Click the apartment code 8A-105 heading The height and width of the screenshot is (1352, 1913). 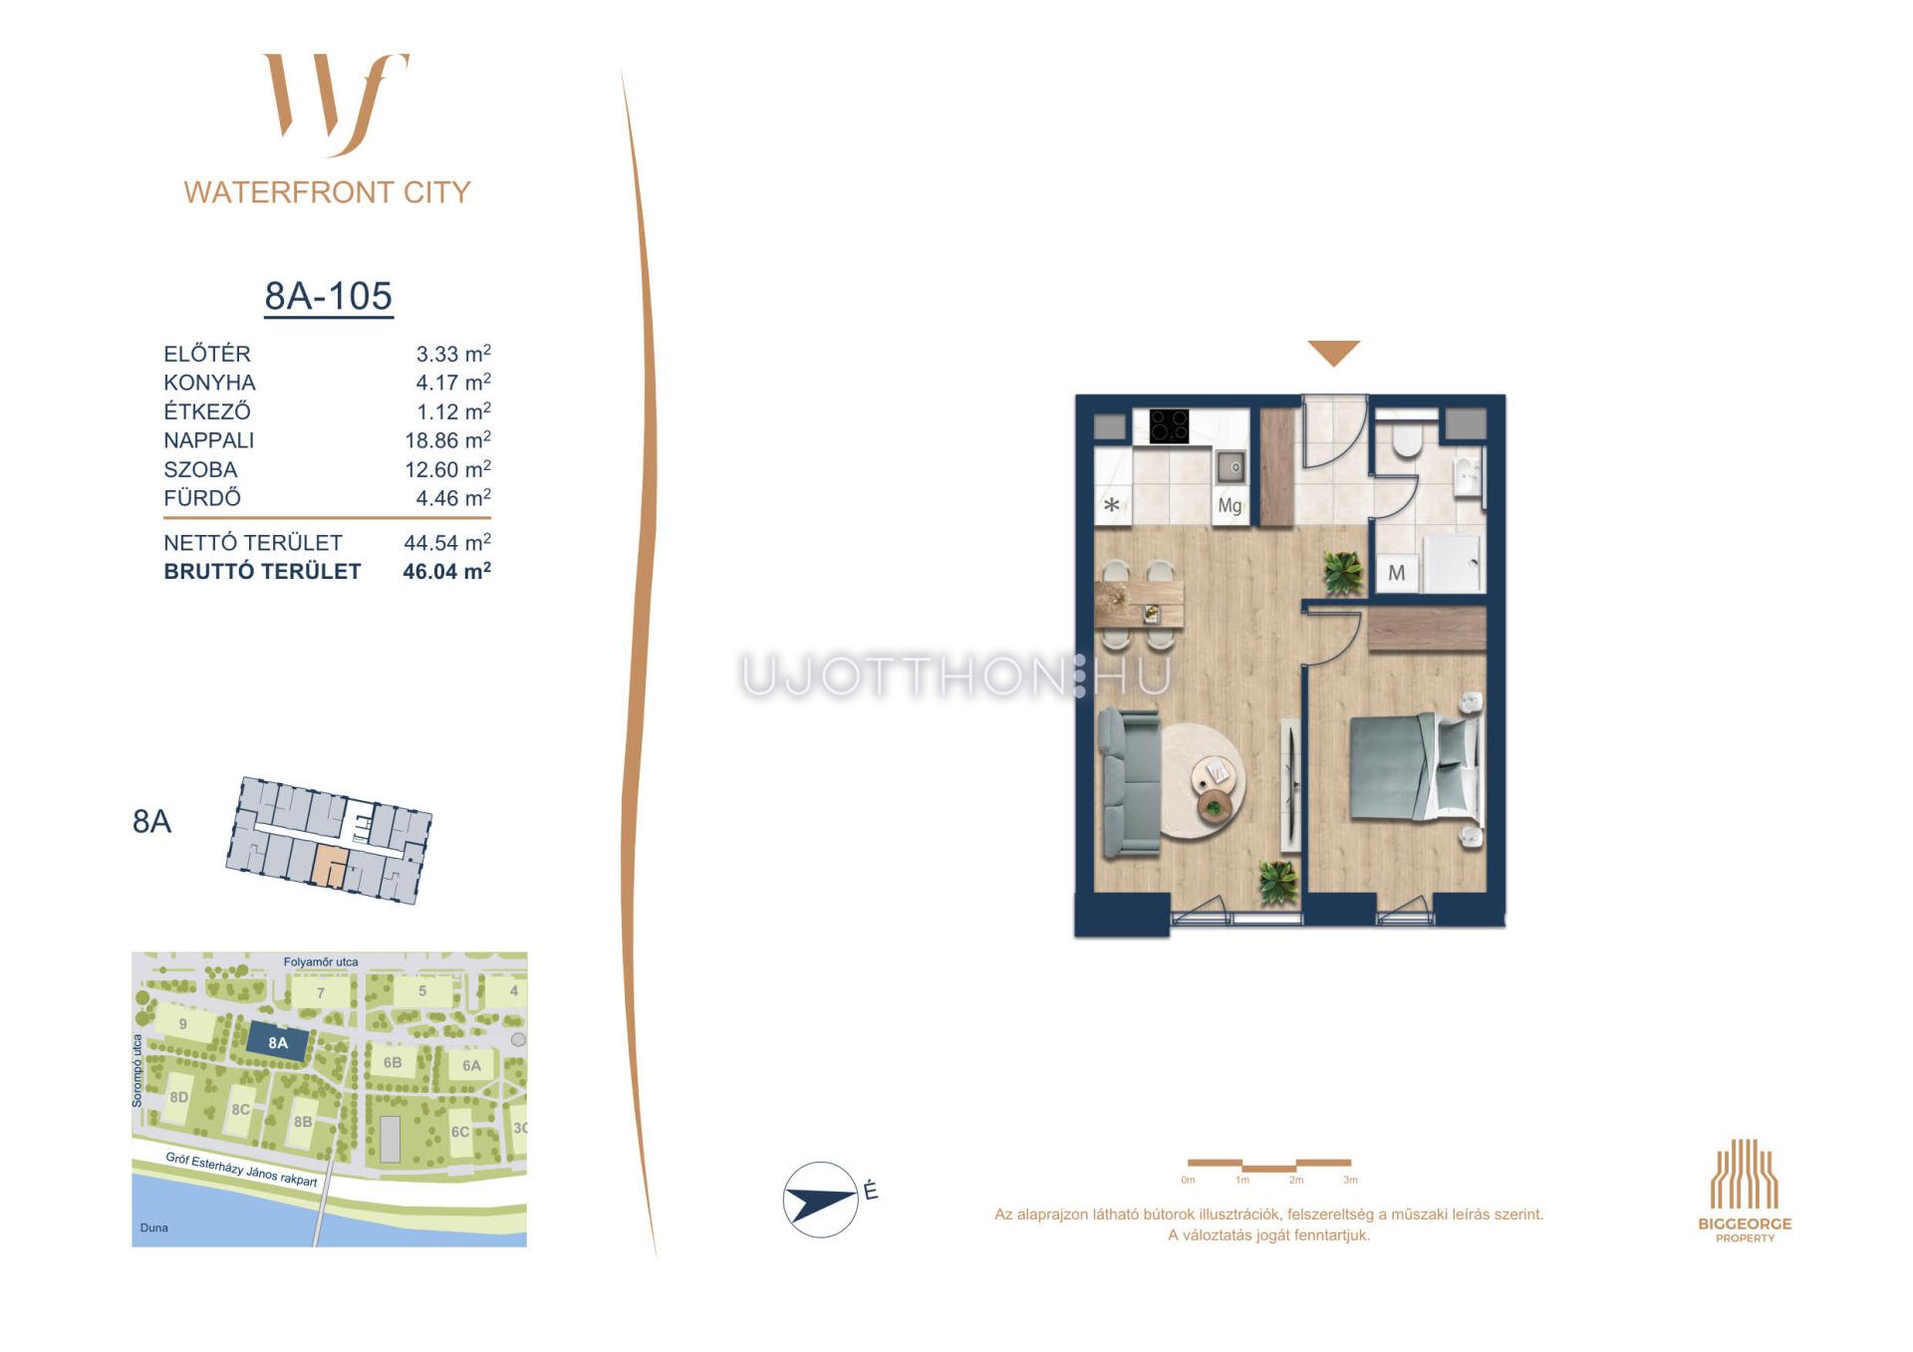click(x=328, y=296)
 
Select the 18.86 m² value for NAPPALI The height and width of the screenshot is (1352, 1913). click(x=447, y=440)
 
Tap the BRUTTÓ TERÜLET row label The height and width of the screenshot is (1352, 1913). click(x=262, y=572)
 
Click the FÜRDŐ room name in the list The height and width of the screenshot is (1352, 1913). click(x=202, y=498)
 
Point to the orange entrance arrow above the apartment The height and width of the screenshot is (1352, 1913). click(x=1333, y=353)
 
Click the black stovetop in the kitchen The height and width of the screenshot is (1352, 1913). click(x=1169, y=426)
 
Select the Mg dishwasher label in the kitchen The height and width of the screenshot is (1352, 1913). click(x=1230, y=506)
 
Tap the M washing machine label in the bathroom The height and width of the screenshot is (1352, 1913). click(x=1396, y=573)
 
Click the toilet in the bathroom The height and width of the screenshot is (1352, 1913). click(x=1407, y=439)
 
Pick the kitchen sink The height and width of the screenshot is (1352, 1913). click(x=1230, y=466)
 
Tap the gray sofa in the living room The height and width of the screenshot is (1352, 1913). click(x=1129, y=782)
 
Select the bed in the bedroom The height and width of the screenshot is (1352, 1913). click(x=1413, y=768)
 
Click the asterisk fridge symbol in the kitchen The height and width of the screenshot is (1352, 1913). click(x=1111, y=505)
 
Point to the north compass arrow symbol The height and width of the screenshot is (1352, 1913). click(x=821, y=1200)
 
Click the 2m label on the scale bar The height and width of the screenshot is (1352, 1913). click(x=1295, y=1181)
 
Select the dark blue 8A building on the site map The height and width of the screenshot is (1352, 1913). click(x=277, y=1043)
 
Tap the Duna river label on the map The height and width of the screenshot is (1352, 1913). click(x=153, y=1227)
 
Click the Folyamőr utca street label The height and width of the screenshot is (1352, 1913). click(x=321, y=962)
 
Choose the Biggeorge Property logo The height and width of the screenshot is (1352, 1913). click(x=1745, y=1191)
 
